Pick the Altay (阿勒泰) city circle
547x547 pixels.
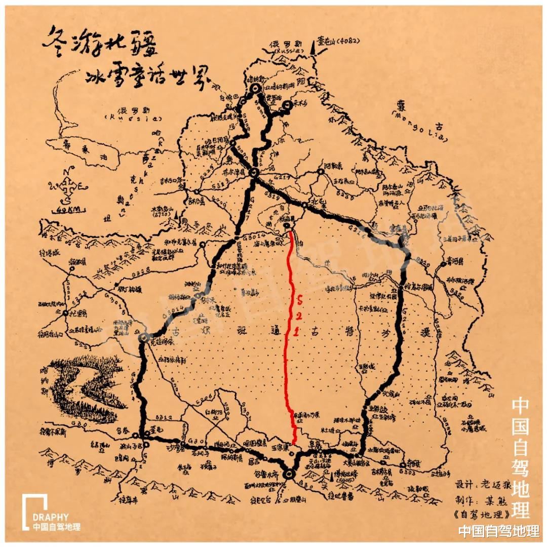[321, 172]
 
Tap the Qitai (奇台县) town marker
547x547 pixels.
[403, 464]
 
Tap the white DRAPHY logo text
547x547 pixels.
[50, 517]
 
